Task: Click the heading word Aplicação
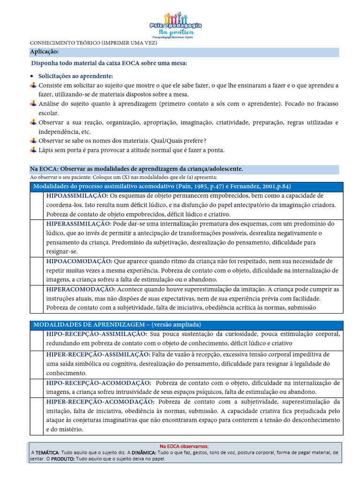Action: click(x=45, y=52)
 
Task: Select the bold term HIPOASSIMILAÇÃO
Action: click(x=77, y=195)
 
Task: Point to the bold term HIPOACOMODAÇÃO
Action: click(x=79, y=261)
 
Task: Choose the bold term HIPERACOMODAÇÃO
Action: click(x=81, y=289)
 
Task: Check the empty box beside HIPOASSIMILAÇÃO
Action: click(x=36, y=205)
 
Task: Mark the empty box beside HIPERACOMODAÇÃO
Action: click(x=36, y=299)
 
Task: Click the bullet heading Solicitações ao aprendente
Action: click(x=75, y=76)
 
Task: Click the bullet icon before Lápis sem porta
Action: click(x=33, y=150)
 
